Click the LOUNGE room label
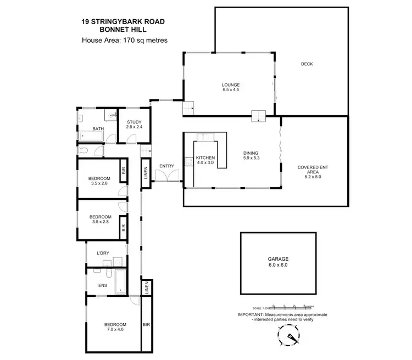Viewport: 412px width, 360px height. [x=231, y=85]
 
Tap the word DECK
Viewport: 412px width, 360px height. [x=307, y=64]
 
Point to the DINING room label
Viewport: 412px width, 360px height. [x=251, y=153]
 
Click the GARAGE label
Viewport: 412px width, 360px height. [x=279, y=259]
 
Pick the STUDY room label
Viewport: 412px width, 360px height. [x=135, y=122]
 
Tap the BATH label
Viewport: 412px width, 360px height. [x=98, y=129]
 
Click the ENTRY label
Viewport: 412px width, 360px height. [x=166, y=166]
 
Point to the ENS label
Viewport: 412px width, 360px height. [x=102, y=285]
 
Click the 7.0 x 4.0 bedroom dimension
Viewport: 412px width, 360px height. [x=115, y=329]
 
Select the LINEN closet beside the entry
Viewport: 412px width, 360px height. [x=146, y=173]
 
